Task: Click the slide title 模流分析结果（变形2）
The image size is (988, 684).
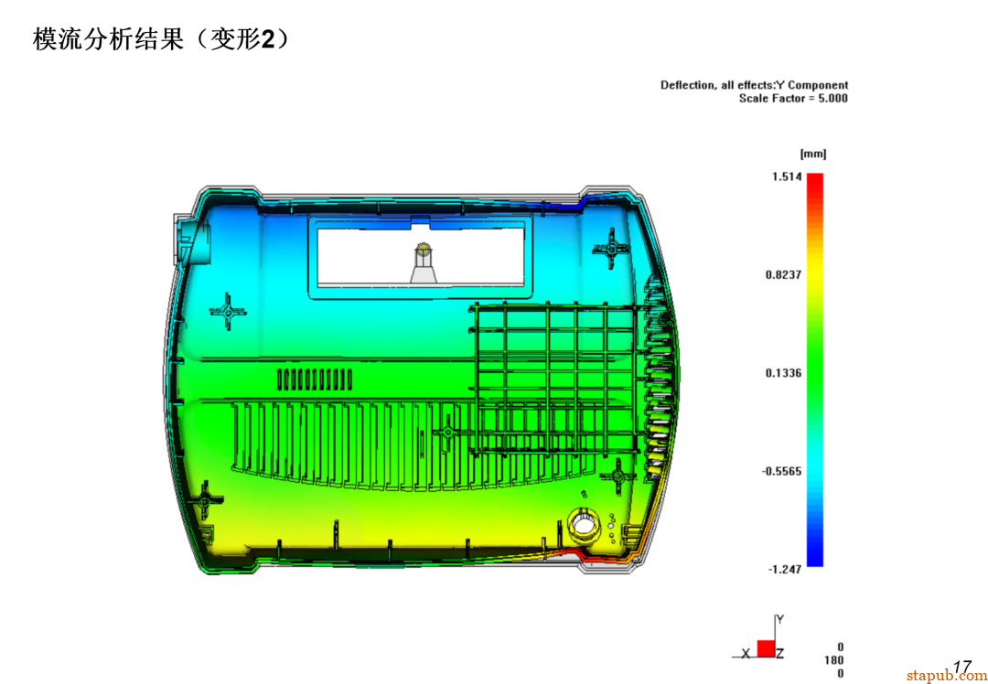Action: coord(162,40)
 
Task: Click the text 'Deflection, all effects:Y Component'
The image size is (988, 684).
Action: coord(754,85)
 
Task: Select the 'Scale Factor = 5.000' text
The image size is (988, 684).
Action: coord(793,98)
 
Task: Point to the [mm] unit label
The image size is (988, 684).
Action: coord(813,155)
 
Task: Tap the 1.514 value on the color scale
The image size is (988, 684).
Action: coord(787,176)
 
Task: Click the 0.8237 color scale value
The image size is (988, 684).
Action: coord(783,274)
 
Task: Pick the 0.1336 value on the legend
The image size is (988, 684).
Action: coord(783,373)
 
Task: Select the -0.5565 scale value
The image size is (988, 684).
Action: coord(781,471)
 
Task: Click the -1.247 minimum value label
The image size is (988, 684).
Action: coord(785,570)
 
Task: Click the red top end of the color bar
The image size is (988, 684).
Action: coord(815,178)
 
